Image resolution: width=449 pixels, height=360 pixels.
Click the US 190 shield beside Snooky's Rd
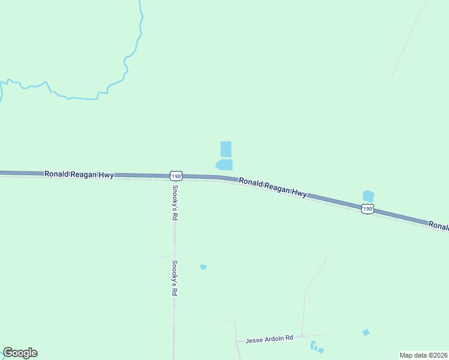pyautogui.click(x=175, y=175)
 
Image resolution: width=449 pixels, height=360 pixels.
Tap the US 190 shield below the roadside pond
pyautogui.click(x=367, y=208)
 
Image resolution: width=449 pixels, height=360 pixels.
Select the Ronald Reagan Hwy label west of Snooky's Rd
pyautogui.click(x=79, y=174)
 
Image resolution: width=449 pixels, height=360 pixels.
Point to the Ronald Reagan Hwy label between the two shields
pyautogui.click(x=273, y=187)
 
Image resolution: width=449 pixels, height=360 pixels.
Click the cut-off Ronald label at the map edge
pyautogui.click(x=438, y=225)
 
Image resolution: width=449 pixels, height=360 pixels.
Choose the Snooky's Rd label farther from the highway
pyautogui.click(x=175, y=278)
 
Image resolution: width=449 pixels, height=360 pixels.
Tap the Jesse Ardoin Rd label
pyautogui.click(x=269, y=338)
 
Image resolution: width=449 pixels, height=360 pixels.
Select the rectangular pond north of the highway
pyautogui.click(x=226, y=149)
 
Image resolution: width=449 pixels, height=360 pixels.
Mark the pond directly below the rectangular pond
pyautogui.click(x=224, y=164)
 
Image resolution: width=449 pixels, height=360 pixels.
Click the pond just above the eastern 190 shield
pyautogui.click(x=368, y=196)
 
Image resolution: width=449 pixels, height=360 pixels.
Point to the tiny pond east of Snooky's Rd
pyautogui.click(x=203, y=266)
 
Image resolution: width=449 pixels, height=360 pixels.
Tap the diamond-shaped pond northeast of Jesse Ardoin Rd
pyautogui.click(x=366, y=332)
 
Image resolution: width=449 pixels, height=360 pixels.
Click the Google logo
pyautogui.click(x=20, y=353)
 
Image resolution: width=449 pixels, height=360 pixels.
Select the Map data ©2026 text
pyautogui.click(x=424, y=355)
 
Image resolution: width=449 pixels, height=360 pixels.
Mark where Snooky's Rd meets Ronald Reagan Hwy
pyautogui.click(x=175, y=177)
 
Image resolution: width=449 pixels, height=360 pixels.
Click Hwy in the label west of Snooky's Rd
pyautogui.click(x=106, y=175)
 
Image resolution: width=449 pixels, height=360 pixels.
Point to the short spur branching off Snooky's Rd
pyautogui.click(x=166, y=257)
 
